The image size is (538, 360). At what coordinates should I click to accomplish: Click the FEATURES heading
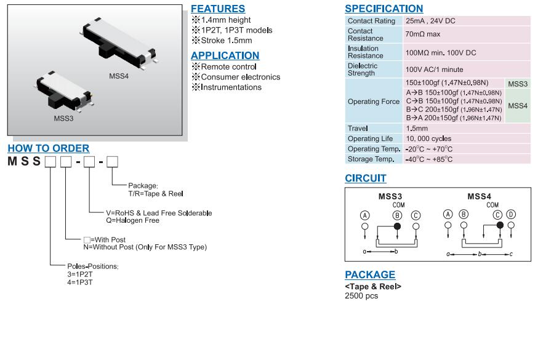point(217,9)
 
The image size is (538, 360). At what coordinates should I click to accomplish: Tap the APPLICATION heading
point(225,55)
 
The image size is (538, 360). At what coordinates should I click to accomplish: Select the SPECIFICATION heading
point(383,9)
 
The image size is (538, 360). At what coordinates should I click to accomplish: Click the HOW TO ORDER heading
point(49,148)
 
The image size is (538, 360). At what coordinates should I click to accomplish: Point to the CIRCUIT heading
point(365,178)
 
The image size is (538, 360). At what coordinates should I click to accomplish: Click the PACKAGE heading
point(369,274)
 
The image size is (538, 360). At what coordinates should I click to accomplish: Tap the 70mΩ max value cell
point(423,34)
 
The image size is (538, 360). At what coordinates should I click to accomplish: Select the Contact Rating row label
point(371,21)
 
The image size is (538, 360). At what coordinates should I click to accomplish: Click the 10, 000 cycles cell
point(428,138)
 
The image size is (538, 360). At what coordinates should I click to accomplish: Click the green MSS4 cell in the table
point(518,106)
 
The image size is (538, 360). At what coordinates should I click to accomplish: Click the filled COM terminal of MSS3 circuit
point(397,226)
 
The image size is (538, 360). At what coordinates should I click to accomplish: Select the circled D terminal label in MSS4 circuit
point(510,214)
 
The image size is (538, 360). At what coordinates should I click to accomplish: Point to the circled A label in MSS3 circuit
point(365,215)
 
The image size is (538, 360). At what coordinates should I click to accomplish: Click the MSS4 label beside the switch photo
point(119,76)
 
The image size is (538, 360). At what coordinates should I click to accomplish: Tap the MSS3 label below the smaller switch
point(63,118)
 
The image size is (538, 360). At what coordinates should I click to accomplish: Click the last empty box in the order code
point(112,162)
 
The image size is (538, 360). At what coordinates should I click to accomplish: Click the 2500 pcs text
point(361,296)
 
